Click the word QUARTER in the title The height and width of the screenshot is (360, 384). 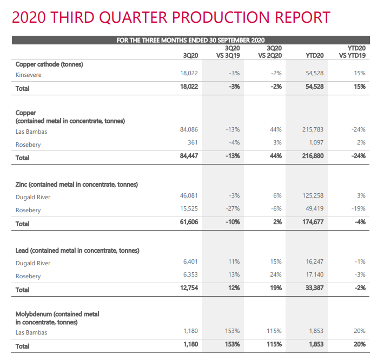134,17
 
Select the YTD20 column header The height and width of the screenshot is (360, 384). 314,56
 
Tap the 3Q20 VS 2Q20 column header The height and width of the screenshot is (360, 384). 270,52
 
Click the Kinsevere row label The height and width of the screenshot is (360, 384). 29,75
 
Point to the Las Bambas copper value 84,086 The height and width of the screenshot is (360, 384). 189,129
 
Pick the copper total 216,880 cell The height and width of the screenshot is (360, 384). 313,156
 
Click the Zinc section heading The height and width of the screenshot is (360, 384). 77,185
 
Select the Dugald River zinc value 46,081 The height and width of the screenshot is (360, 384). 189,195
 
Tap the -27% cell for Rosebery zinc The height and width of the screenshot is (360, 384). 233,208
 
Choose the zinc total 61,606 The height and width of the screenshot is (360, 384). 189,222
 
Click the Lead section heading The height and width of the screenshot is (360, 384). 77,251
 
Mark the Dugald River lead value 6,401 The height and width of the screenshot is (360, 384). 190,261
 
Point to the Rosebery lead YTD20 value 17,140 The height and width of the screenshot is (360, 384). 314,274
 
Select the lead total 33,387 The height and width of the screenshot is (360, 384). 314,288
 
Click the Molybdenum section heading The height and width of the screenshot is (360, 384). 57,318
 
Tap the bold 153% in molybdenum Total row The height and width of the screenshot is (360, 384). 233,344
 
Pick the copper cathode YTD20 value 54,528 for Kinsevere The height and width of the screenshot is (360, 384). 314,73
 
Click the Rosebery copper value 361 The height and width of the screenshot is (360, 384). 193,142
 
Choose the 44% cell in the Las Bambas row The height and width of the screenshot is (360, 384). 276,129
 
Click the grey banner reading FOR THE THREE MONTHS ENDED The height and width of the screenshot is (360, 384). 191,40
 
